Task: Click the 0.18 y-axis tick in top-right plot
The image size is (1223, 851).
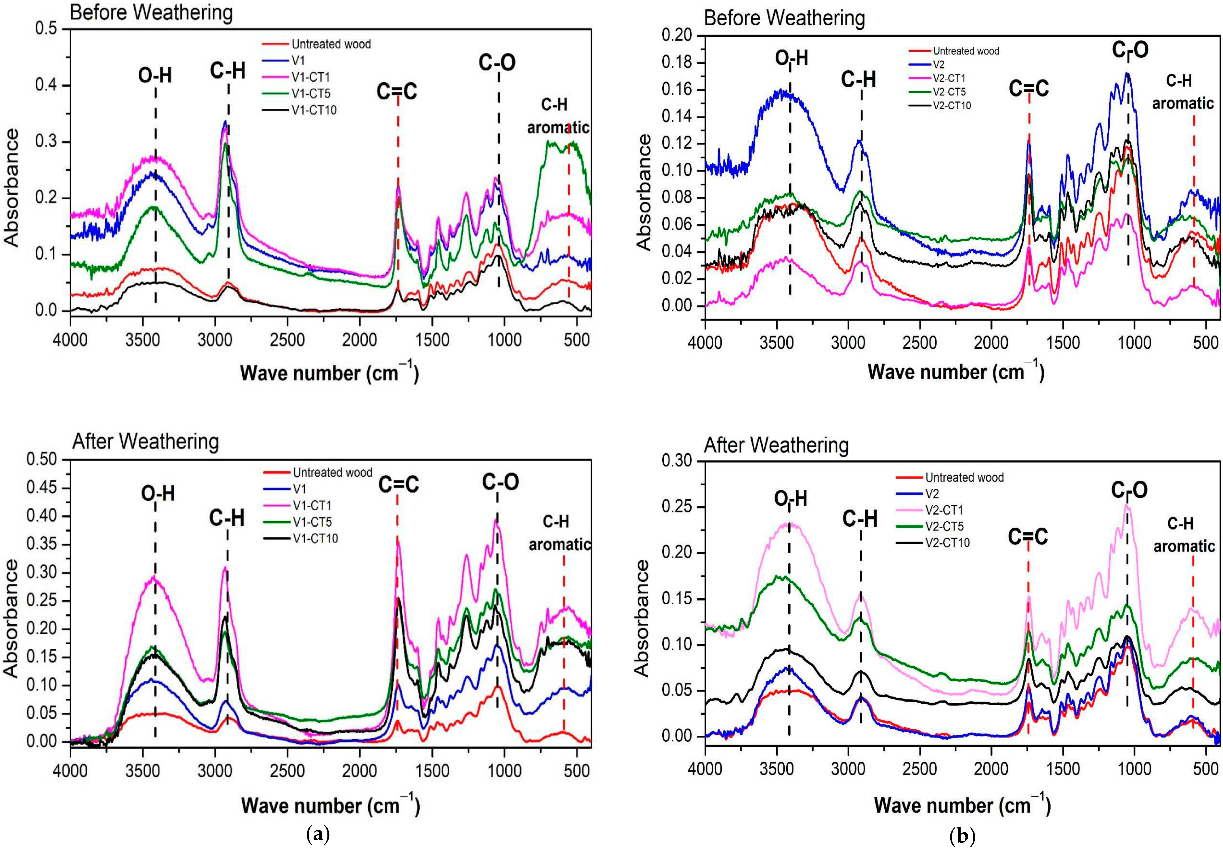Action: [x=676, y=62]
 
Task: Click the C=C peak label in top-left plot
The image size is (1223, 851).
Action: [x=397, y=92]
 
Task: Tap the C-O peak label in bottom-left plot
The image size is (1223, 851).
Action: [x=500, y=482]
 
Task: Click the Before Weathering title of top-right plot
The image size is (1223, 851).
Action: [x=784, y=18]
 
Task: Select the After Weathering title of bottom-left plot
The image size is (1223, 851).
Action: [x=145, y=442]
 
